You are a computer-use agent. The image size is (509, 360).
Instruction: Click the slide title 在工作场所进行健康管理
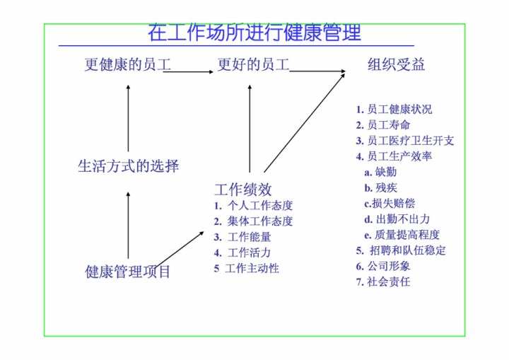click(x=255, y=33)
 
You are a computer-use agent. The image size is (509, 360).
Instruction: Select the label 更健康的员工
click(x=128, y=65)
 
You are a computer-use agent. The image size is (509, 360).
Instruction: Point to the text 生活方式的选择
click(x=128, y=166)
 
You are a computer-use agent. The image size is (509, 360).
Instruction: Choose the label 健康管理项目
click(x=128, y=271)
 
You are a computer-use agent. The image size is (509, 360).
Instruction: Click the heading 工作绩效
click(x=242, y=189)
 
